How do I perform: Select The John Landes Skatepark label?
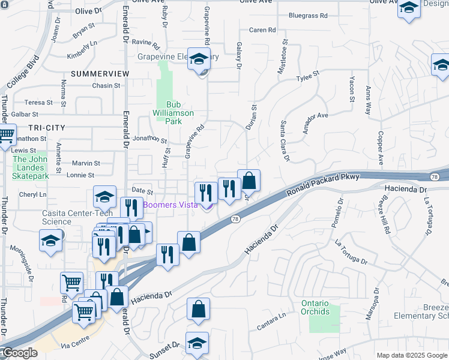tap(31, 167)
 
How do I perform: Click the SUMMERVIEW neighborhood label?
tap(100, 73)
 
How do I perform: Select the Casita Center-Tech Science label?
tap(65, 217)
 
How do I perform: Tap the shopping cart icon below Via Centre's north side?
tap(83, 311)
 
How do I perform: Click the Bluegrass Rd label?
tap(307, 16)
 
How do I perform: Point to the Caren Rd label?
tap(262, 30)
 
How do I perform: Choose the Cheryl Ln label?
tap(32, 194)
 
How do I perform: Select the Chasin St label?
tap(106, 86)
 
